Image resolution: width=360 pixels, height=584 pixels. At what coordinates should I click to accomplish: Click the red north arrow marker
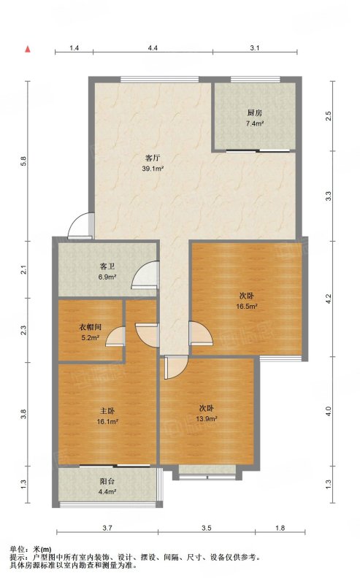(x=28, y=49)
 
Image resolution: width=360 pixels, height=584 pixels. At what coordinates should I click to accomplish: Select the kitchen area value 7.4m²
(x=255, y=123)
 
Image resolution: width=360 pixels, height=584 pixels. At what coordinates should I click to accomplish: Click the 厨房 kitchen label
(x=255, y=113)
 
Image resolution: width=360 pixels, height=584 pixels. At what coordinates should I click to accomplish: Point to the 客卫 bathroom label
(x=107, y=266)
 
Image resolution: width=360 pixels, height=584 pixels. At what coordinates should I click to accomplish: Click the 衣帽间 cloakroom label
(x=90, y=327)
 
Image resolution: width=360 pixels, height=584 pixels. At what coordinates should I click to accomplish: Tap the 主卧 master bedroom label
(x=107, y=411)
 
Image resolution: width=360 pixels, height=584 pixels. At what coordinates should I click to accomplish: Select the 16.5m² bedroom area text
(x=247, y=307)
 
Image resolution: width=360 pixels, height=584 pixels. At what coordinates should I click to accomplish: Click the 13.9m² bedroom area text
(x=207, y=418)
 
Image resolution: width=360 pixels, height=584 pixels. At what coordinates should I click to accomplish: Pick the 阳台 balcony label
(x=107, y=481)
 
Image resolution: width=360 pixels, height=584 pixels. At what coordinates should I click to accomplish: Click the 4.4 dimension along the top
(x=153, y=47)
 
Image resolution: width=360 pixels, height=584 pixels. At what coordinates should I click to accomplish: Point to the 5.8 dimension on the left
(x=23, y=161)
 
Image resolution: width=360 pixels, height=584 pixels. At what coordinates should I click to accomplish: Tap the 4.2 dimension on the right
(x=328, y=299)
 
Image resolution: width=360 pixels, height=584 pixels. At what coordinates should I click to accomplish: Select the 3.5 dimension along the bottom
(x=207, y=528)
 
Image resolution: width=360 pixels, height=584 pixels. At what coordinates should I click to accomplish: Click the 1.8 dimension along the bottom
(x=280, y=528)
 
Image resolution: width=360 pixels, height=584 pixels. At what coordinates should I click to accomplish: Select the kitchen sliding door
(x=258, y=150)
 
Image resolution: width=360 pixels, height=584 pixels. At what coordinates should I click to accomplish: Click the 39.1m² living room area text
(x=153, y=169)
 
